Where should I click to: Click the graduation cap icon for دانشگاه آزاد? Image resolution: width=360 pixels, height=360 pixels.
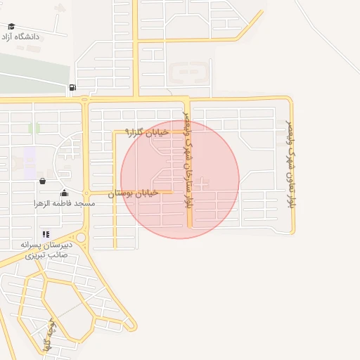click(11, 27)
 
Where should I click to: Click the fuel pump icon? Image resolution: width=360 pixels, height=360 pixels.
click(72, 88)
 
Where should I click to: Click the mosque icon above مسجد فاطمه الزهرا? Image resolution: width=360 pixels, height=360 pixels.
click(65, 193)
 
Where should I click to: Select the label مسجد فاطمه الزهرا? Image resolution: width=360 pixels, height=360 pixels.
click(60, 202)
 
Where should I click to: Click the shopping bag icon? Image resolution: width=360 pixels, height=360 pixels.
click(42, 181)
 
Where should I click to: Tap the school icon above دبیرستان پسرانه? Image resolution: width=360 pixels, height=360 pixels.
click(46, 234)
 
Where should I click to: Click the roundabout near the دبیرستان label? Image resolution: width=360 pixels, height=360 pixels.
click(81, 238)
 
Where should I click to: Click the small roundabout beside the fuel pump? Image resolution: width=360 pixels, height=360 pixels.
click(85, 99)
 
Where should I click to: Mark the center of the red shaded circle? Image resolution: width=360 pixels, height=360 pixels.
click(180, 179)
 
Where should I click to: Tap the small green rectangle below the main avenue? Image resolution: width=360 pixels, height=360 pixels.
click(34, 128)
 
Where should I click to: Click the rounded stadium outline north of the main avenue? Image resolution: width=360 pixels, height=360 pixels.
click(189, 72)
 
